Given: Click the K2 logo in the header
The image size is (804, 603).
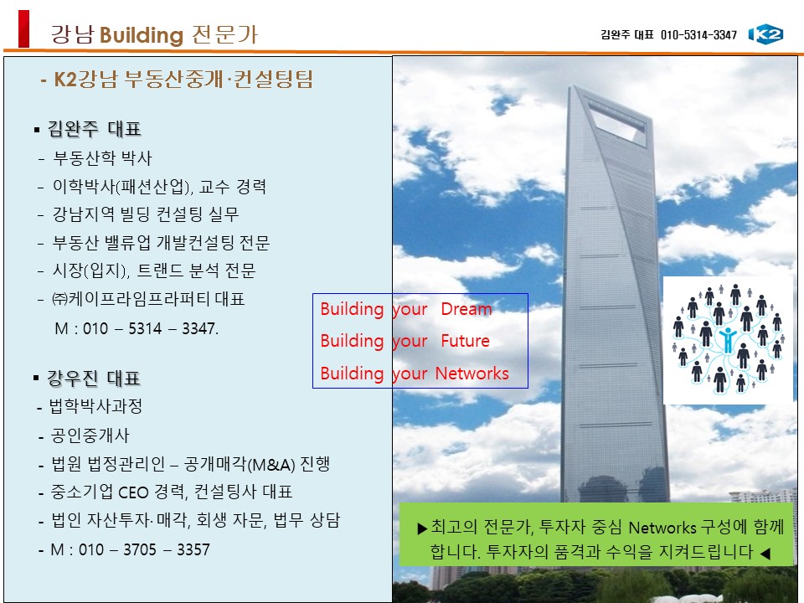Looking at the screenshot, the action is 766,34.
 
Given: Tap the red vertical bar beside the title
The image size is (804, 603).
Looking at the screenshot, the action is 23,28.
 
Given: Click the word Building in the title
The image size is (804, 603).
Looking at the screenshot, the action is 142,35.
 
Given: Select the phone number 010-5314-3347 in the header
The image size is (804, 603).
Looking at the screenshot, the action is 698,35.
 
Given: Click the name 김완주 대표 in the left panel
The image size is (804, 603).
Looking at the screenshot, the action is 95,129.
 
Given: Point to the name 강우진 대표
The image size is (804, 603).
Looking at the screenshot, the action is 94,379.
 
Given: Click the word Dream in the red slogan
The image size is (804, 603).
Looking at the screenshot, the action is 466,309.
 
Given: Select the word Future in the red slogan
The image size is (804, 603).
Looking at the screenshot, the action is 465,341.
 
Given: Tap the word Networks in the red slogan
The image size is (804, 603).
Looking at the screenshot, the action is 472,374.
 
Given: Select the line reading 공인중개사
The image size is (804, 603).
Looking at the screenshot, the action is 90,435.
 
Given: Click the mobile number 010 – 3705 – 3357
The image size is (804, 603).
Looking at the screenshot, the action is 144,549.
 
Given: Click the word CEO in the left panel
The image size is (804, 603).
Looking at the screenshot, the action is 133,492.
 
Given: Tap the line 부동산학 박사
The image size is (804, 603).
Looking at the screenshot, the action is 102,158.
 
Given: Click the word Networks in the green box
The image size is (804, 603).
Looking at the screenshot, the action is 662,527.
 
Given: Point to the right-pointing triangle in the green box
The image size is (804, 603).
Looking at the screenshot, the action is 422,528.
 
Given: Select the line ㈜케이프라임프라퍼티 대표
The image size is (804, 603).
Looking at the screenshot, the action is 149,299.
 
